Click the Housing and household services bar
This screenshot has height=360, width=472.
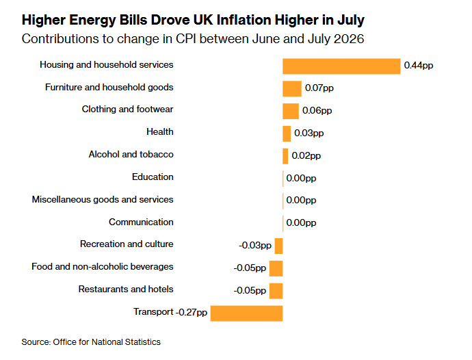[x=341, y=66]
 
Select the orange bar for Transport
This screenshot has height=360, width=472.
[x=246, y=313]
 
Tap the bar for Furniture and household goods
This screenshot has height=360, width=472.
[x=292, y=89]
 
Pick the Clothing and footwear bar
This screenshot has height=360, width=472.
[x=291, y=111]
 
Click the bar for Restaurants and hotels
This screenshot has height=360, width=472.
[x=276, y=291]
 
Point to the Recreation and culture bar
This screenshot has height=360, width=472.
[x=278, y=246]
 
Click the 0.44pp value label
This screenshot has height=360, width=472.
[x=419, y=66]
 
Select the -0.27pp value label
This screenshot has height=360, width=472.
[x=191, y=312]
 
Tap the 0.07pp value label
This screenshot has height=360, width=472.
[x=319, y=88]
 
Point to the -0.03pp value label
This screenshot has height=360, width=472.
[x=255, y=245]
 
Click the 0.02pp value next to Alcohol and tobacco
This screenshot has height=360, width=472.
[x=306, y=156]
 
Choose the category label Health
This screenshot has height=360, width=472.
[x=160, y=131]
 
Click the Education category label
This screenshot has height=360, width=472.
[x=153, y=177]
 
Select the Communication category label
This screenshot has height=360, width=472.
[x=141, y=222]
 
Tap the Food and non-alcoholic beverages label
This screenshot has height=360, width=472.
[x=103, y=267]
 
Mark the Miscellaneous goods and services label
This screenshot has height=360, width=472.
[x=103, y=200]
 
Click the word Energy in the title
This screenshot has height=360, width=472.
[x=92, y=21]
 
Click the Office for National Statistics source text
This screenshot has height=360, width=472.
[x=107, y=342]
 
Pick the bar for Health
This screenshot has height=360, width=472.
[x=287, y=133]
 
